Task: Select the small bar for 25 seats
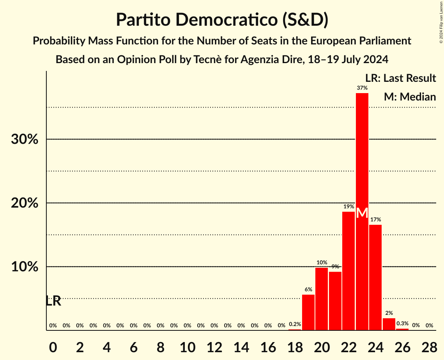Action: (389, 324)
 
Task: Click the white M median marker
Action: (362, 213)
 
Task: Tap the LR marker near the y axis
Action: (53, 301)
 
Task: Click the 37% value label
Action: (362, 88)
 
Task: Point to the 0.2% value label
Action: (295, 324)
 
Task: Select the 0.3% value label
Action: (402, 323)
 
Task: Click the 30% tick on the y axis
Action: (25, 139)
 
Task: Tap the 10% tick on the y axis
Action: (25, 267)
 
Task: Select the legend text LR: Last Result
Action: (401, 78)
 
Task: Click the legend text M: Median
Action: (410, 97)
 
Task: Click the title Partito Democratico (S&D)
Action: (222, 20)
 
